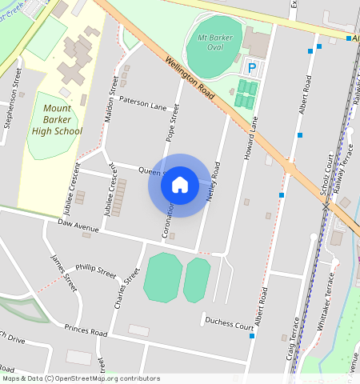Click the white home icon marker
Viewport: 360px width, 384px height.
coord(180,185)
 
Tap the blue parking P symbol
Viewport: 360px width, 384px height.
coord(253,69)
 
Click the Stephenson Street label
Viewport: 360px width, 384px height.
coord(13,98)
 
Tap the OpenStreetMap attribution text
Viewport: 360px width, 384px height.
coord(81,378)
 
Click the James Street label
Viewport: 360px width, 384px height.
coord(62,272)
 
